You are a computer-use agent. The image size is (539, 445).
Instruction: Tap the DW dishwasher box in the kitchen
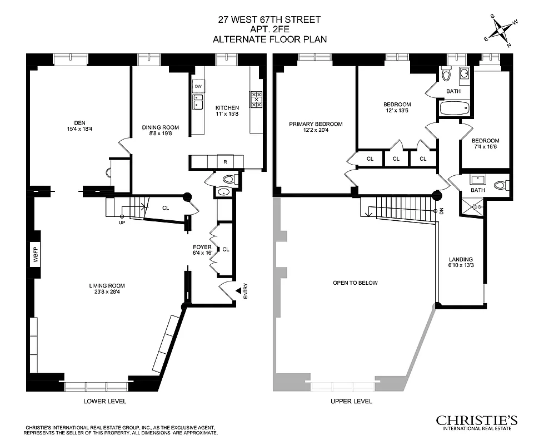coord(198,86)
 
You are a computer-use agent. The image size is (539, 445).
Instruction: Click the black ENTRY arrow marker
coord(238,290)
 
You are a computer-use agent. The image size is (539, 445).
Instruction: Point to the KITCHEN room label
coord(227,108)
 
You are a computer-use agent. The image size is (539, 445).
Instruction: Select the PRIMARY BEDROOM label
coord(315,124)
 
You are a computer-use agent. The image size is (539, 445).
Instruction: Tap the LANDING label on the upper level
coord(461,259)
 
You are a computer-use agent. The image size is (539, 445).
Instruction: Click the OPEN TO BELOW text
coord(355,283)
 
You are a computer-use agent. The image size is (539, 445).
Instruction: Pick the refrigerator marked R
coord(225,161)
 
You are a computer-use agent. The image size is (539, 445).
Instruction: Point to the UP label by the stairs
coord(122,222)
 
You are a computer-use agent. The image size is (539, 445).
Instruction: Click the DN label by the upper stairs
coord(441,211)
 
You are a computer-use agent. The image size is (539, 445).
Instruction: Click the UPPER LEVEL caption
coord(351,401)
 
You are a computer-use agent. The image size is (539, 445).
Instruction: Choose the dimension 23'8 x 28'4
coord(105,293)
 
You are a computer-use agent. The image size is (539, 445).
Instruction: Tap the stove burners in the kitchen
coord(256,99)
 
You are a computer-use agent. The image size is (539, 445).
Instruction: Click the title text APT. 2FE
coord(269,29)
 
